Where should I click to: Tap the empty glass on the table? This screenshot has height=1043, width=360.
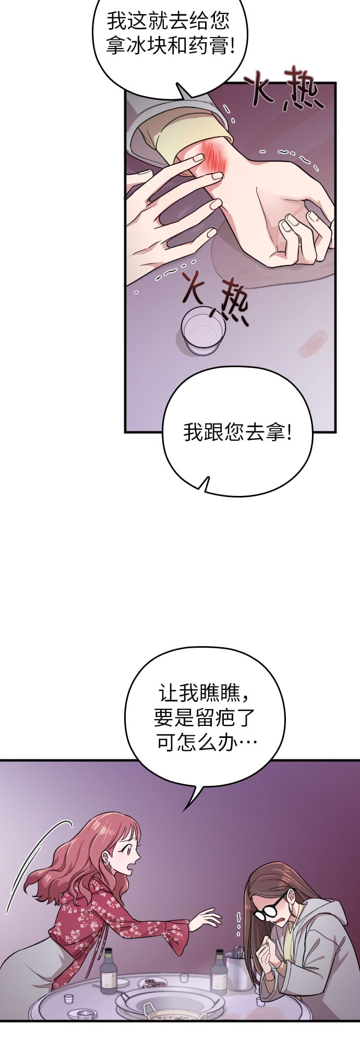(x=203, y=331)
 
